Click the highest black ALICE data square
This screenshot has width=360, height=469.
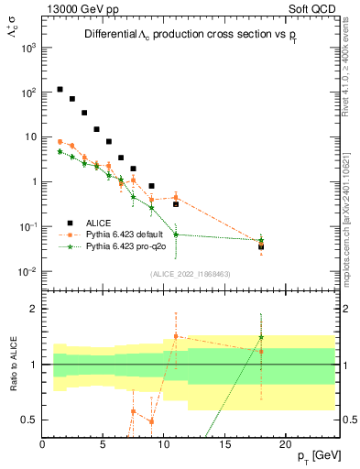pos(60,90)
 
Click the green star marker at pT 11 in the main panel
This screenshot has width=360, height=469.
pos(175,234)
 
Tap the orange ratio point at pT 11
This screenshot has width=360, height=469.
pos(175,336)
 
